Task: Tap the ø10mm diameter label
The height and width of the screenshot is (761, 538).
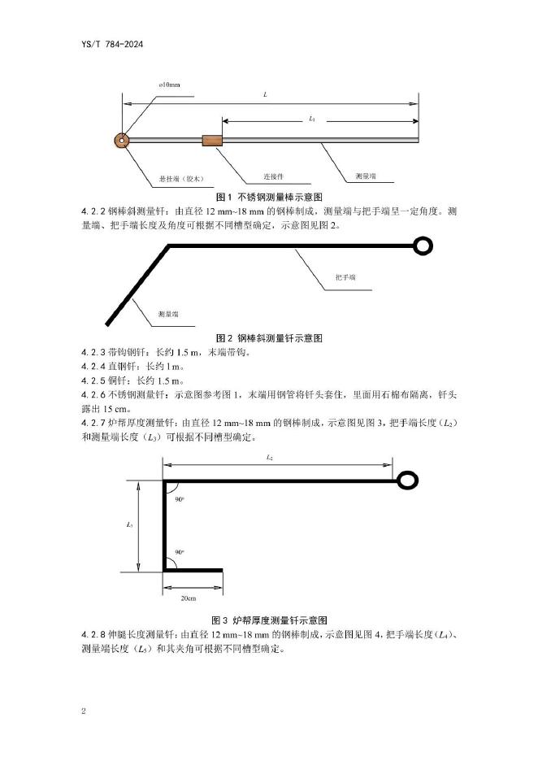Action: click(170, 85)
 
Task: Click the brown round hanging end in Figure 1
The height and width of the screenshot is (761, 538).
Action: click(122, 140)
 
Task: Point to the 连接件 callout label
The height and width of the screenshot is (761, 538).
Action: click(272, 176)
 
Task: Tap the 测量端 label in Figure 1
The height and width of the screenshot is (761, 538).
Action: click(365, 176)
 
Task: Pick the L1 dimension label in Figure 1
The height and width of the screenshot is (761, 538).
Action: click(312, 119)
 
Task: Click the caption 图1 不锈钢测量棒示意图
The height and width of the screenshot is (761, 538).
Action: click(269, 198)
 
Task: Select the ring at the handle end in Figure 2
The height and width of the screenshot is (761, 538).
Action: click(423, 246)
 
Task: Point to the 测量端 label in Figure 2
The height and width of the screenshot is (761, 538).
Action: click(168, 313)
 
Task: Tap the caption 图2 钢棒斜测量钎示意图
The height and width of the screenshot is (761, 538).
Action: click(269, 337)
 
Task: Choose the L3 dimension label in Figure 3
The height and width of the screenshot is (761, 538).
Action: click(130, 524)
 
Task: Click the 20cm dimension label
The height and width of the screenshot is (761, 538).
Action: click(188, 598)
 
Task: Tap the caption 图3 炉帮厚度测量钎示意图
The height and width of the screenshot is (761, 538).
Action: click(269, 620)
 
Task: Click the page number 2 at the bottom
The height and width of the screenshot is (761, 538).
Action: click(84, 711)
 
